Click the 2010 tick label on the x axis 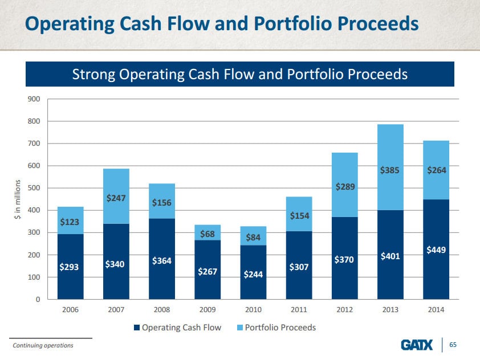pyautogui.click(x=253, y=310)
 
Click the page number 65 pyautogui.click(x=454, y=345)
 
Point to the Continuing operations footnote pyautogui.click(x=43, y=345)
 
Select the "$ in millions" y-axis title pyautogui.click(x=18, y=199)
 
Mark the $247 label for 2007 pyautogui.click(x=116, y=198)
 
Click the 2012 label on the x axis pyautogui.click(x=344, y=310)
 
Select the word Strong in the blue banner pyautogui.click(x=92, y=74)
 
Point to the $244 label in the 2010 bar pyautogui.click(x=253, y=274)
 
